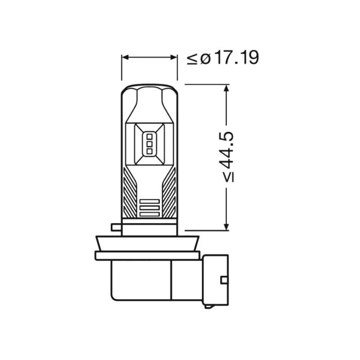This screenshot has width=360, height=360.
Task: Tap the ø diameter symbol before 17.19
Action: coord(205,58)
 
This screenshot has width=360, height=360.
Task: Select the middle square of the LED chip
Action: coord(149,144)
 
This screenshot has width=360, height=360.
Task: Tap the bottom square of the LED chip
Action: coord(149,151)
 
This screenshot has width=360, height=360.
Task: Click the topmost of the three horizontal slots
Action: coord(149,201)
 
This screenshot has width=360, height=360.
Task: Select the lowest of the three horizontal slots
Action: coord(149,214)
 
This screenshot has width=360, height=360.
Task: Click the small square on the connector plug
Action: coord(223,280)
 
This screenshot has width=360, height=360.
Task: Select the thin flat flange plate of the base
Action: coord(147,256)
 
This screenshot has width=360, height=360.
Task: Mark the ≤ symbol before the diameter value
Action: coord(193,58)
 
